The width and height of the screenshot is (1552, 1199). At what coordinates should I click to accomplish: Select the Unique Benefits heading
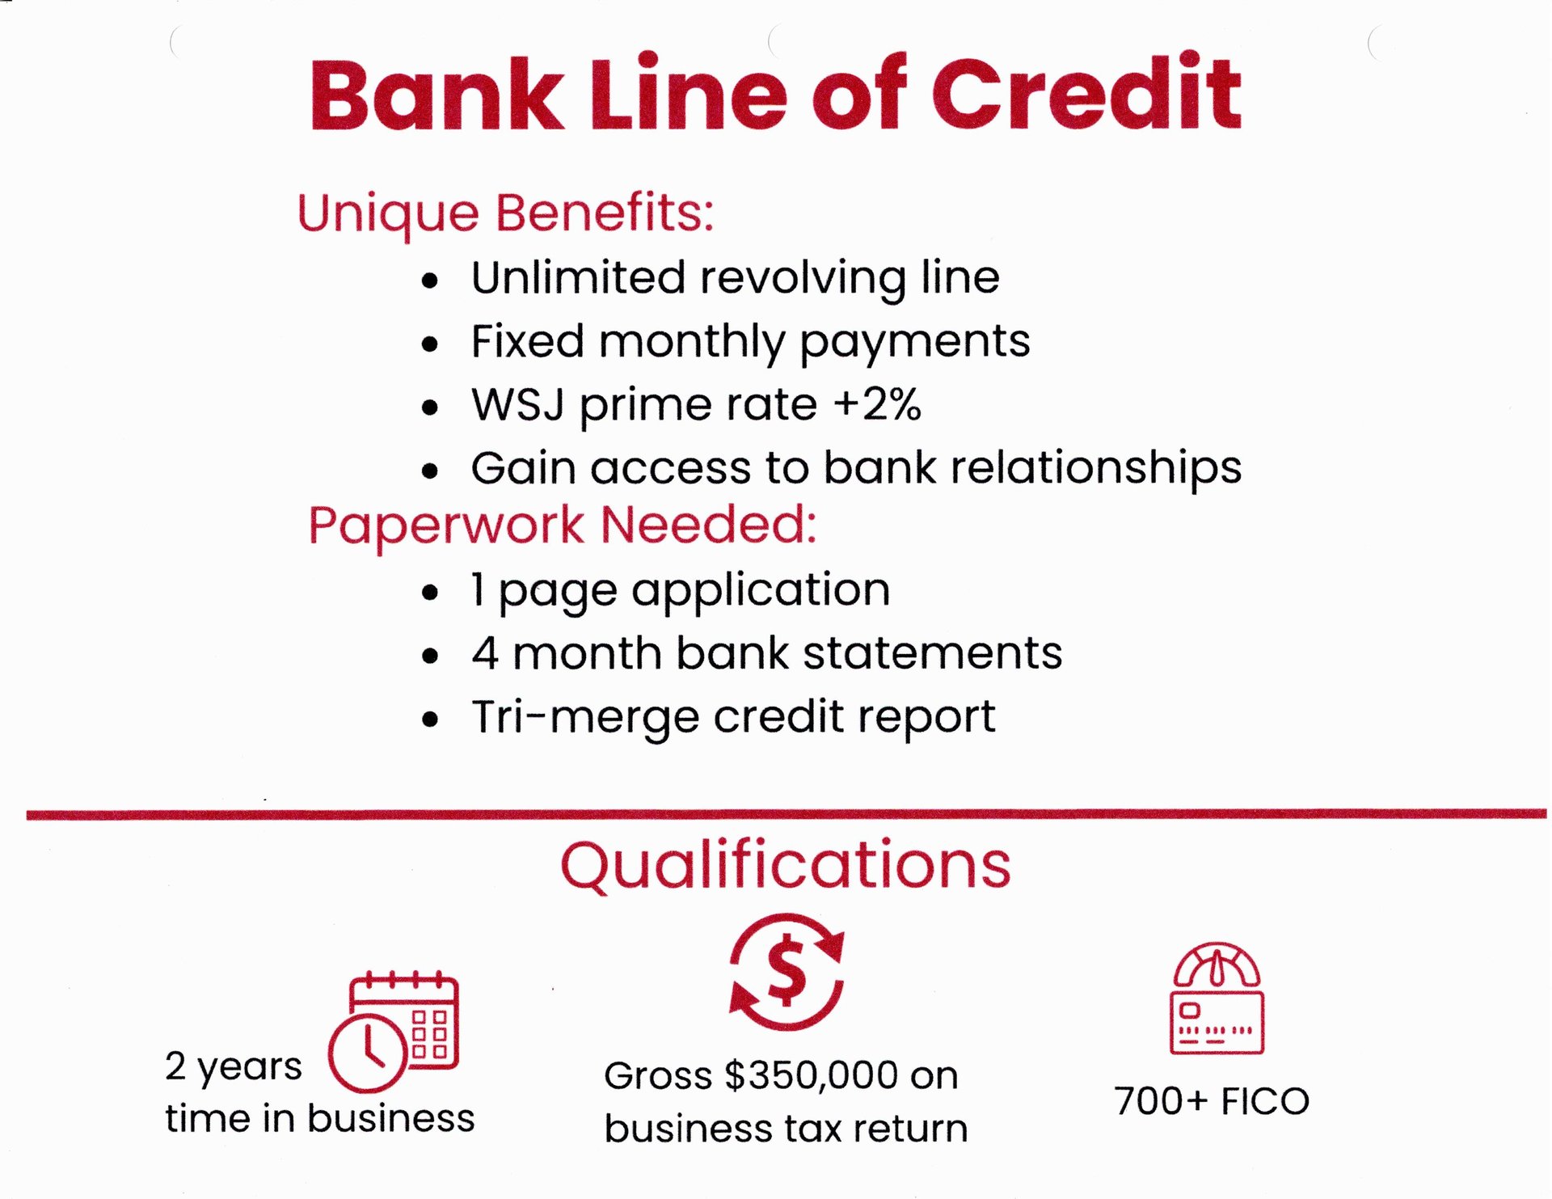coord(506,214)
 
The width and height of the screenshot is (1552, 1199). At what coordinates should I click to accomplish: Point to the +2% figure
coord(877,403)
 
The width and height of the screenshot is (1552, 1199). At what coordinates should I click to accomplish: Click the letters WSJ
coord(517,403)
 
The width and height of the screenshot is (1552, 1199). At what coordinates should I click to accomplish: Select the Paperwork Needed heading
coord(563,526)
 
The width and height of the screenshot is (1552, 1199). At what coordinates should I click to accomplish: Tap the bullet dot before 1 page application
coord(430,593)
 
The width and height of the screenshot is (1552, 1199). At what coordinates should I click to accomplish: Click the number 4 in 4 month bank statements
coord(485,653)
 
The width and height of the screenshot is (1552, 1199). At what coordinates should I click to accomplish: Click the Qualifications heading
coord(786,866)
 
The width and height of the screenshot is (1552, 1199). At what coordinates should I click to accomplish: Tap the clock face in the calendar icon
coord(367,1053)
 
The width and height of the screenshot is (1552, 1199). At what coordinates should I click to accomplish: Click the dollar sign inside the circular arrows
coord(787,971)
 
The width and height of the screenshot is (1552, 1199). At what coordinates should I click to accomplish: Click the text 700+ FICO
coord(1212,1101)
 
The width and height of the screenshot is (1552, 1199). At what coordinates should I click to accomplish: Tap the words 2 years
coord(234,1067)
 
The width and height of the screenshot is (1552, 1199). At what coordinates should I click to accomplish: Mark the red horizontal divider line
coord(787,814)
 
